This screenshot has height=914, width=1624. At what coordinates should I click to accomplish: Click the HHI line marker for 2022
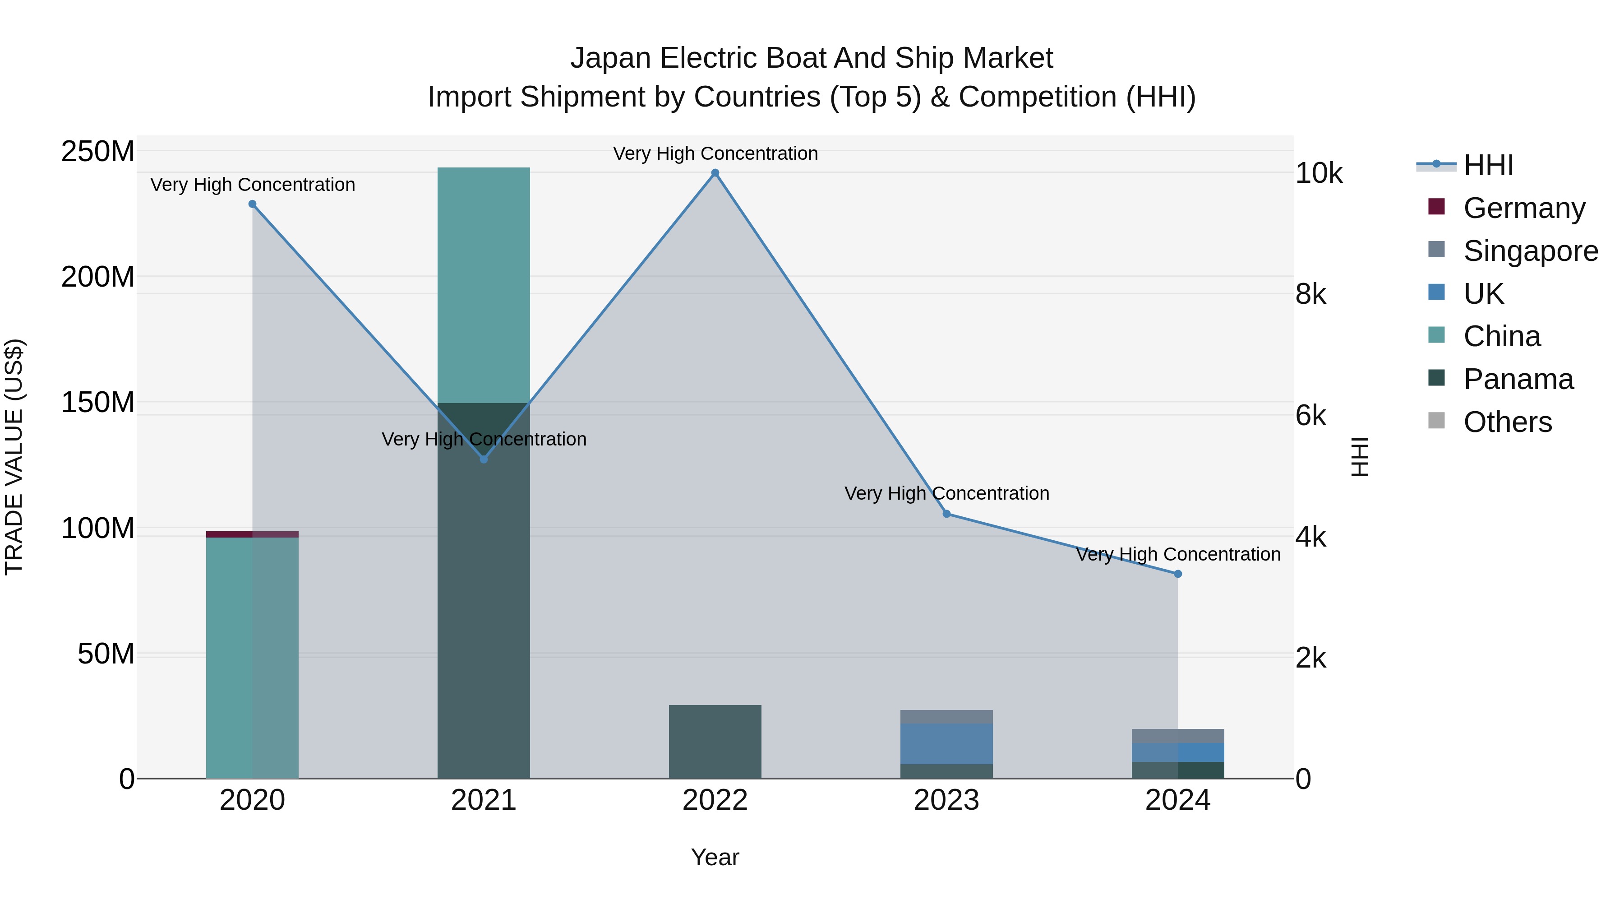click(715, 173)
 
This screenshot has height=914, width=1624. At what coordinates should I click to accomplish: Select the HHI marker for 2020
click(252, 204)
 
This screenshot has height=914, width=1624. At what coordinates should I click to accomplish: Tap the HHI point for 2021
click(484, 459)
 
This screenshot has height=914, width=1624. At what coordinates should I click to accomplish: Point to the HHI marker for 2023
click(946, 514)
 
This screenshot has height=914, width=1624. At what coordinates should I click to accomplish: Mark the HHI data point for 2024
click(1178, 574)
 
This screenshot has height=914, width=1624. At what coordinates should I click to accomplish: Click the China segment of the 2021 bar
click(484, 284)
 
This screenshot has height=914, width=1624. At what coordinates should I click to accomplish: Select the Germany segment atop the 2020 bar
click(252, 534)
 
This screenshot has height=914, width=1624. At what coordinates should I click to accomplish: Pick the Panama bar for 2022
click(715, 741)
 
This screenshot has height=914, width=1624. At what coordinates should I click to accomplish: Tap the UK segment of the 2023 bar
click(946, 744)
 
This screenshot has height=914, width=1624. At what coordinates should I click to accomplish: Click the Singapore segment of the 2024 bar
click(1178, 736)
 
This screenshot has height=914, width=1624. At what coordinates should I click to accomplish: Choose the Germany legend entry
click(1524, 208)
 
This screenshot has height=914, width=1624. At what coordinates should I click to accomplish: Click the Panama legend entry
click(1518, 379)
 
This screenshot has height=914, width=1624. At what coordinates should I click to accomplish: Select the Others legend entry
click(1507, 422)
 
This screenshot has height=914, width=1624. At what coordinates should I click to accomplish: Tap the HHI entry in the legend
click(1488, 165)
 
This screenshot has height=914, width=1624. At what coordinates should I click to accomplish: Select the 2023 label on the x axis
click(946, 800)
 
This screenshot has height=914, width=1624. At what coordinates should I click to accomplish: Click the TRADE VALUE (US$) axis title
click(14, 457)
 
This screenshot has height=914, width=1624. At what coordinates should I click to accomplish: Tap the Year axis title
click(715, 857)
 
